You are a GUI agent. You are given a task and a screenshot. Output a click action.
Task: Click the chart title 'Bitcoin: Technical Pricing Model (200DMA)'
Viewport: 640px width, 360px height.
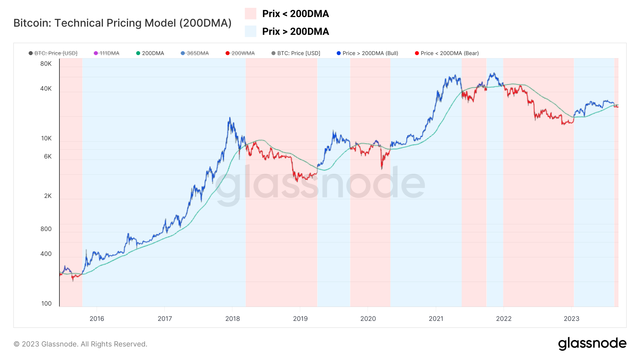tap(122, 23)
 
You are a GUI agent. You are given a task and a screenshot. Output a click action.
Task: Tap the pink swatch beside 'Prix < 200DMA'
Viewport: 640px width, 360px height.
tap(250, 14)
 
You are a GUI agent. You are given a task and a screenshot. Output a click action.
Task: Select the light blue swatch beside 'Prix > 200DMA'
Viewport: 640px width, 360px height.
tap(250, 31)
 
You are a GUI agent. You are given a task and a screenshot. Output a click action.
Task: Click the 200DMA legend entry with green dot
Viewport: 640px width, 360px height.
tap(150, 53)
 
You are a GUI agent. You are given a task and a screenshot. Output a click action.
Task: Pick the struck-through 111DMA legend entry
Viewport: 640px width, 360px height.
tap(107, 53)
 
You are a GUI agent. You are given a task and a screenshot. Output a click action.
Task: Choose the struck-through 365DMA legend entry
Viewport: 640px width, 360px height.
tap(195, 53)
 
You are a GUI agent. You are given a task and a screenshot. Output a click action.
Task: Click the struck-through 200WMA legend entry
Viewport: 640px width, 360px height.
tap(240, 53)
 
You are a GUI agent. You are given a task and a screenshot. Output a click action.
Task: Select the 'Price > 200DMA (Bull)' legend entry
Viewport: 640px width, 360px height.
tap(367, 53)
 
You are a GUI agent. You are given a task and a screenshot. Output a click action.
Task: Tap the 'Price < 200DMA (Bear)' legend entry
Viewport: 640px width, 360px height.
tap(447, 53)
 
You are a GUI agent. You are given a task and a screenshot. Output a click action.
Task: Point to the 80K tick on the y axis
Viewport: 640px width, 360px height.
tap(46, 64)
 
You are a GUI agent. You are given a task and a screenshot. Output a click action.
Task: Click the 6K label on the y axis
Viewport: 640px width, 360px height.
tap(48, 156)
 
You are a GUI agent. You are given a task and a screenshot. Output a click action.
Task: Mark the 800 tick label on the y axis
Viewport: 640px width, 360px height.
tap(46, 229)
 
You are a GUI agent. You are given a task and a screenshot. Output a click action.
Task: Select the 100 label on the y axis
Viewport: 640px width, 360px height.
tap(46, 303)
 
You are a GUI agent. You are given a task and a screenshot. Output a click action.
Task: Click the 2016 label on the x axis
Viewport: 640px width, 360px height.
tap(97, 319)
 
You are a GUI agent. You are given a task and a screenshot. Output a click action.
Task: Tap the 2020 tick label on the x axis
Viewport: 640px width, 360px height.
tap(368, 319)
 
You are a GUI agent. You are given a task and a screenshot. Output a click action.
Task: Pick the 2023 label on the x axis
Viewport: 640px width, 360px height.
tap(571, 319)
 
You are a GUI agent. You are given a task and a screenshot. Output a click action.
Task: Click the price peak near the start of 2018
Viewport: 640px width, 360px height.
tap(230, 118)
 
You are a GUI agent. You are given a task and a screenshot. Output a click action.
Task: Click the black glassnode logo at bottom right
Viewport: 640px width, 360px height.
tap(592, 344)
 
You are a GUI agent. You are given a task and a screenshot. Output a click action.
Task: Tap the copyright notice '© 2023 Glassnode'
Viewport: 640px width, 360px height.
tap(80, 344)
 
